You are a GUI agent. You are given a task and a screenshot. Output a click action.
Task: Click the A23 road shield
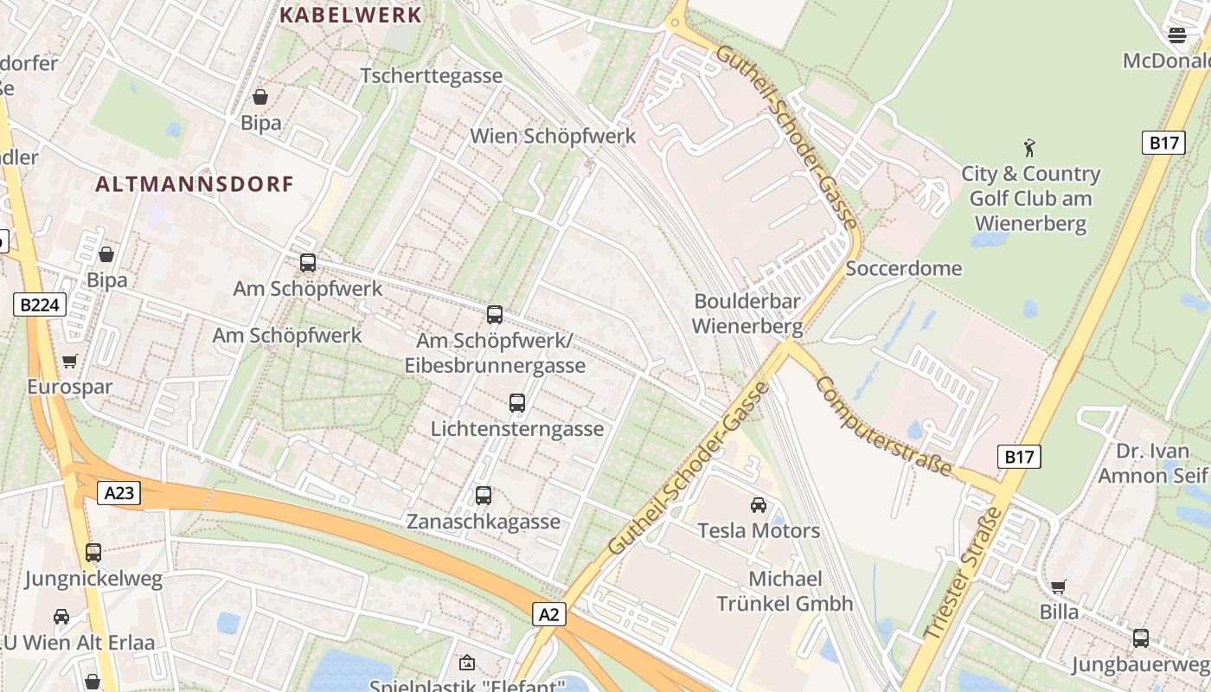119,493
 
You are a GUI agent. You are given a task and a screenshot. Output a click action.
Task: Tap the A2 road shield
549,614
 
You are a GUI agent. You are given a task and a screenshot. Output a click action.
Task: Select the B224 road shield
40,304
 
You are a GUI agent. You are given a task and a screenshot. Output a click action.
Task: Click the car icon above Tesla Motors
759,505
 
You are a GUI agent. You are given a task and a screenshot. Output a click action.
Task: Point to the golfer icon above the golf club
1029,148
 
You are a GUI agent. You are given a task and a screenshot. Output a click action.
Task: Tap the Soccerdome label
903,268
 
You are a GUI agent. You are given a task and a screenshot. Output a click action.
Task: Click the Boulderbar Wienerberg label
747,314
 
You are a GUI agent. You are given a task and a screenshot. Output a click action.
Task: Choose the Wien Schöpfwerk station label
553,136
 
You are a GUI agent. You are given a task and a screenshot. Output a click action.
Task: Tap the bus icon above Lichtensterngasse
517,403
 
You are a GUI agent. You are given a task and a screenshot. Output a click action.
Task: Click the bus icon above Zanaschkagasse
484,496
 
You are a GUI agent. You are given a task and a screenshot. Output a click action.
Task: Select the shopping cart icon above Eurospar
70,361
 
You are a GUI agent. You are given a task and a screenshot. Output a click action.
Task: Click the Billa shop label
1060,612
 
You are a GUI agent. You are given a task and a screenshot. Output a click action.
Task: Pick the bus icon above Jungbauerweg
1141,638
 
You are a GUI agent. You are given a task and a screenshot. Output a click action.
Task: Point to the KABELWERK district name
351,15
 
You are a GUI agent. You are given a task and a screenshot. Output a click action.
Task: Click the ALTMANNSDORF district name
195,183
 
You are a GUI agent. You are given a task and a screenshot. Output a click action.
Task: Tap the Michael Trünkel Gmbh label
785,591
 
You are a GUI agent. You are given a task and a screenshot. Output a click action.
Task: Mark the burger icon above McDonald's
1176,35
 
